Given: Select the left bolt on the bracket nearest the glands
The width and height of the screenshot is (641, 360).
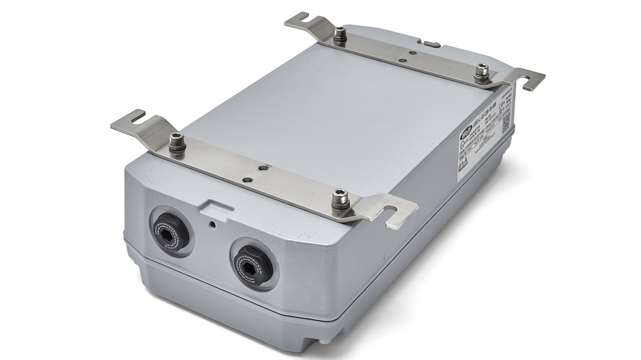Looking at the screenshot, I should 176,142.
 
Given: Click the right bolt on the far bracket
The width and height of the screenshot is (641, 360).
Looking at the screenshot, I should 482,72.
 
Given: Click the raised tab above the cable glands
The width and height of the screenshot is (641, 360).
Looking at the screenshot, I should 216,208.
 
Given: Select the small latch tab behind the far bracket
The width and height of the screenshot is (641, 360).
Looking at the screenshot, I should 431,44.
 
